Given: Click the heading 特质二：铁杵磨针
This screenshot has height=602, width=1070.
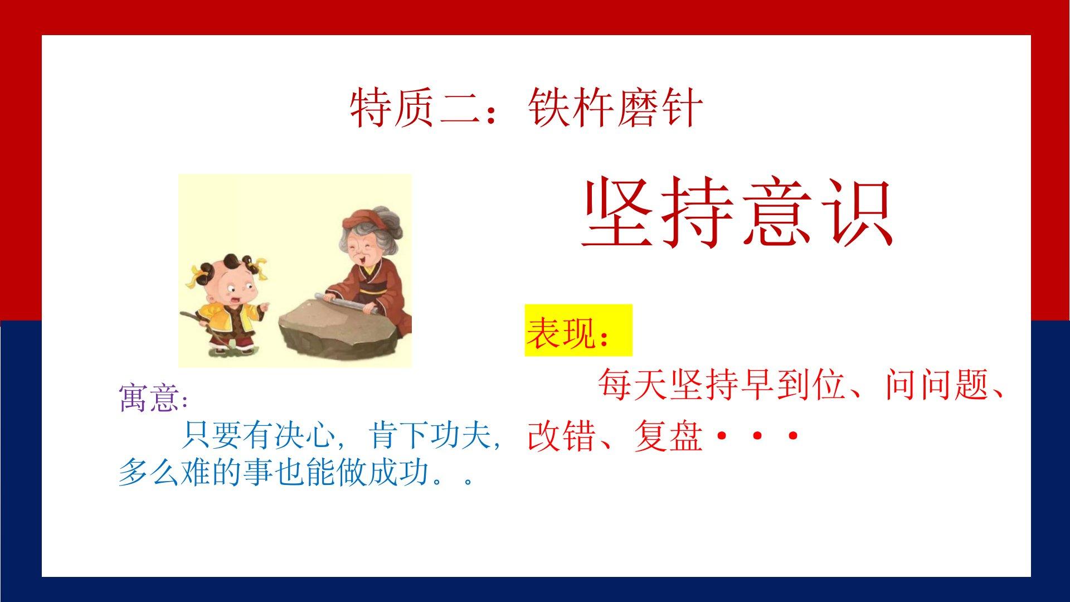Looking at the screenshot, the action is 526,109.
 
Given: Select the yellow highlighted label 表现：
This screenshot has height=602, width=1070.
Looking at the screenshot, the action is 578,331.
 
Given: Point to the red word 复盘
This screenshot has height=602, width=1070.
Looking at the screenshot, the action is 667,436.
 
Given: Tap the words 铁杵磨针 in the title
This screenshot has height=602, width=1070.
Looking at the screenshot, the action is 615,109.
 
